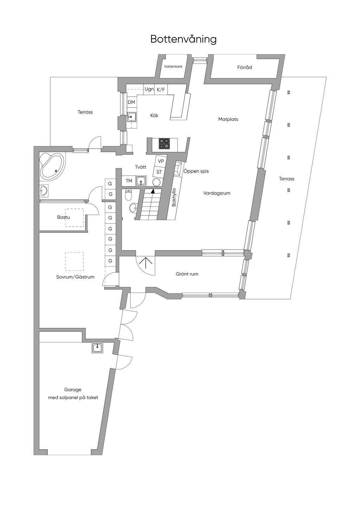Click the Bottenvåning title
tap(183, 39)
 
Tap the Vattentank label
tap(173, 66)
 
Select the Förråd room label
tap(244, 67)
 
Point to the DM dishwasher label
tap(131, 102)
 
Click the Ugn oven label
tap(149, 89)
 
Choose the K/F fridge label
tap(161, 90)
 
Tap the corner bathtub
tap(52, 166)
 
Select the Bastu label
tap(63, 217)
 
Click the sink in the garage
tap(97, 348)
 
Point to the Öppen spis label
tap(196, 171)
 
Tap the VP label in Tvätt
tap(161, 161)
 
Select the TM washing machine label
tap(129, 181)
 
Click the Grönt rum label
tap(187, 274)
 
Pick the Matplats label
tap(228, 119)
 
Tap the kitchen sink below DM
tap(132, 117)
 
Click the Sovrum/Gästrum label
tap(75, 277)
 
